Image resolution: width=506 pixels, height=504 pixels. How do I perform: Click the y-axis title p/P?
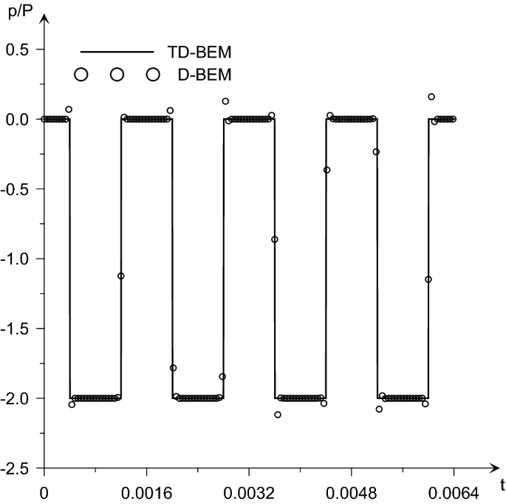(21, 13)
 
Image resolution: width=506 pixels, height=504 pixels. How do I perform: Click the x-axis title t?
(502, 486)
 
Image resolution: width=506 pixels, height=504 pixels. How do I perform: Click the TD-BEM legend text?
(199, 52)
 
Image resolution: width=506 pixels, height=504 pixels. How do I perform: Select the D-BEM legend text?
(205, 75)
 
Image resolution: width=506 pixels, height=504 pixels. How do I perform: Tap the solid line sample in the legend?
(117, 52)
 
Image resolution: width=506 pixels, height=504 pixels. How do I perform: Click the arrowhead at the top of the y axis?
(44, 18)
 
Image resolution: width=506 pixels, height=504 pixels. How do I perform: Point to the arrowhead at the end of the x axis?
(494, 468)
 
